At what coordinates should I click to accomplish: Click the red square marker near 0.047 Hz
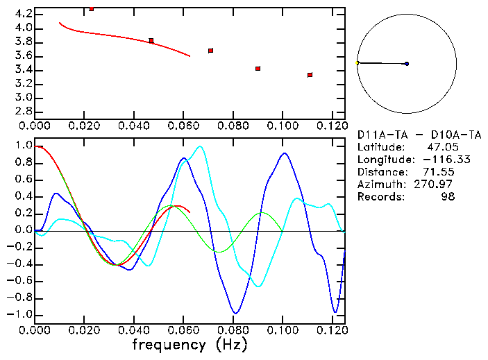(x=151, y=41)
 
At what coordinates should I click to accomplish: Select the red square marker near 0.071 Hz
(x=210, y=51)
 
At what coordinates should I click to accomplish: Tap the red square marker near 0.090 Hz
(x=258, y=69)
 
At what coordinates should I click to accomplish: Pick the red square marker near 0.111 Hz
(x=310, y=75)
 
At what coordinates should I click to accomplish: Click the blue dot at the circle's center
(x=406, y=64)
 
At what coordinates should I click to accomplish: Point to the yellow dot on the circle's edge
(x=357, y=63)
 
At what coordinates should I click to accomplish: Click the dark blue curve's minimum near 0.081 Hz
(x=236, y=313)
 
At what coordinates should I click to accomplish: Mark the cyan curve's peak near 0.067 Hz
(x=201, y=146)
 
